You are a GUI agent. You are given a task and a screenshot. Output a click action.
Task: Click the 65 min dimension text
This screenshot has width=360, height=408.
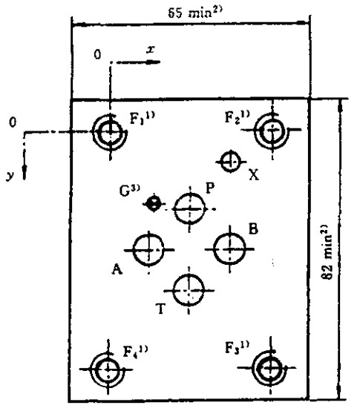[195, 13]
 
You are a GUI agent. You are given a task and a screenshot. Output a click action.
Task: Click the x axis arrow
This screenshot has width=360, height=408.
[138, 62]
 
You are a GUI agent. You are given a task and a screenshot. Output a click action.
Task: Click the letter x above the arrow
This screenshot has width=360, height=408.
[150, 50]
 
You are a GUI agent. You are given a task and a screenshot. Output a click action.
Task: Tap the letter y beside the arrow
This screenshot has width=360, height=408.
[10, 176]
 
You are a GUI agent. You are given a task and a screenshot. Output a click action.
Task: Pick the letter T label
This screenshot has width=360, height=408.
[161, 309]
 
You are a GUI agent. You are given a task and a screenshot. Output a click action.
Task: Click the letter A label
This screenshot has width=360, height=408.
[117, 269]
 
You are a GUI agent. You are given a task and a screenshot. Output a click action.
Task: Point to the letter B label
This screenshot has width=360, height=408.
[253, 229]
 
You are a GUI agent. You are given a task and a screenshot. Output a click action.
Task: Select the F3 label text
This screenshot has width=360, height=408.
[237, 347]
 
